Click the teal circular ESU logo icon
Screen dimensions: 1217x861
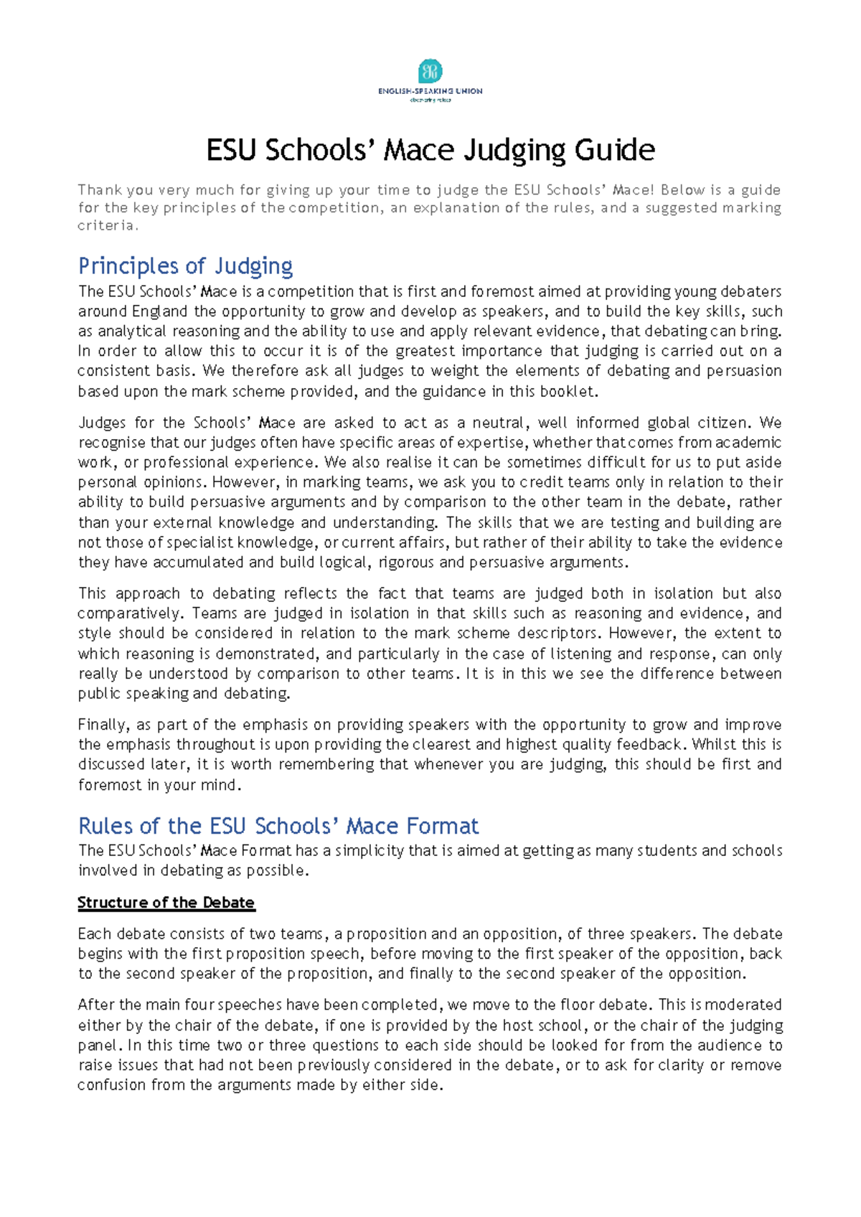[430, 72]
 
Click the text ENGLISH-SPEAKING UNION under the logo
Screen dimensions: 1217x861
[430, 91]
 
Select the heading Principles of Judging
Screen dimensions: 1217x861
[185, 266]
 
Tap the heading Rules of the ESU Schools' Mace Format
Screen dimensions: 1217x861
[278, 826]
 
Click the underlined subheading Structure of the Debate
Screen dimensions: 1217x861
[166, 903]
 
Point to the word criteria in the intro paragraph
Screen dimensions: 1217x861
[105, 225]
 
